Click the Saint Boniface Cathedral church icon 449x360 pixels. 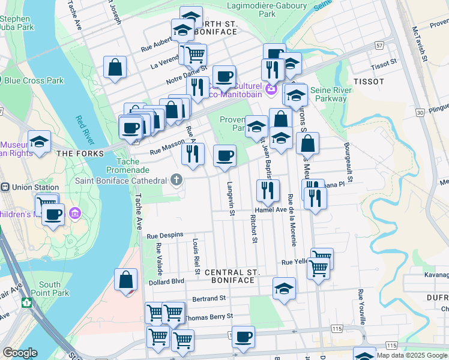coord(176,179)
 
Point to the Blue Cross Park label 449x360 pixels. coord(34,80)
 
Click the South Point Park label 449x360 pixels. coord(49,289)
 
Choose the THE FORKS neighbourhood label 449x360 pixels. coord(73,154)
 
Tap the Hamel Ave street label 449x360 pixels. coord(270,210)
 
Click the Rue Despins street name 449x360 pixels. coord(164,236)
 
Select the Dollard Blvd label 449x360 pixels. coord(166,281)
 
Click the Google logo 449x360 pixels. coord(20,353)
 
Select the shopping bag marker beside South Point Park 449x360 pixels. coord(126,280)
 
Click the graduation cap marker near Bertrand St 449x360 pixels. coord(284,288)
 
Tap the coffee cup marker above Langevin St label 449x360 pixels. coord(225,156)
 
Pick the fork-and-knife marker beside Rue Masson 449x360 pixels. coord(193,154)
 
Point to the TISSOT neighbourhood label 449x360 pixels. coord(364,80)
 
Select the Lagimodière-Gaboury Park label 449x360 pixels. coord(267,10)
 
